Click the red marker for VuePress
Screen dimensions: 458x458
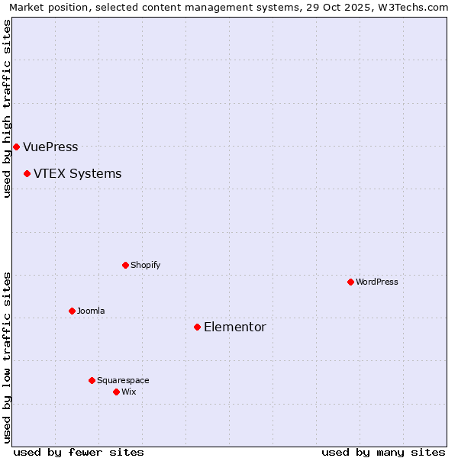tap(16, 147)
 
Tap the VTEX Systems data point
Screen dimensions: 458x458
tap(27, 173)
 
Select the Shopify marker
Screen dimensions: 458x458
tap(125, 265)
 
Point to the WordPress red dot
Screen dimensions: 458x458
tap(350, 282)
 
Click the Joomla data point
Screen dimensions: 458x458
tap(72, 311)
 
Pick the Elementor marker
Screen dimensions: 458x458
tap(197, 327)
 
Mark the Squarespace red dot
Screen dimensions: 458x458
tap(92, 380)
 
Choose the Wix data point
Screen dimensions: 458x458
tap(116, 392)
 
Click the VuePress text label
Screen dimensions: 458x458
tap(50, 147)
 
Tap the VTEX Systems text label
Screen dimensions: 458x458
tap(77, 173)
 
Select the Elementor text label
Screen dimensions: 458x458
tap(234, 327)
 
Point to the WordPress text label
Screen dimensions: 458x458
tap(376, 282)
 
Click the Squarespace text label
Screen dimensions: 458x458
tap(123, 380)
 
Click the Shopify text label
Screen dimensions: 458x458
tap(145, 265)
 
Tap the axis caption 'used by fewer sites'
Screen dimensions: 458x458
tap(79, 452)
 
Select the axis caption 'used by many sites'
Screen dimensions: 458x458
tap(383, 452)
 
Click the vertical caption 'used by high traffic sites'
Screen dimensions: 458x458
tap(7, 108)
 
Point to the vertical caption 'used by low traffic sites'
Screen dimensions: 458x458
tap(7, 356)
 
